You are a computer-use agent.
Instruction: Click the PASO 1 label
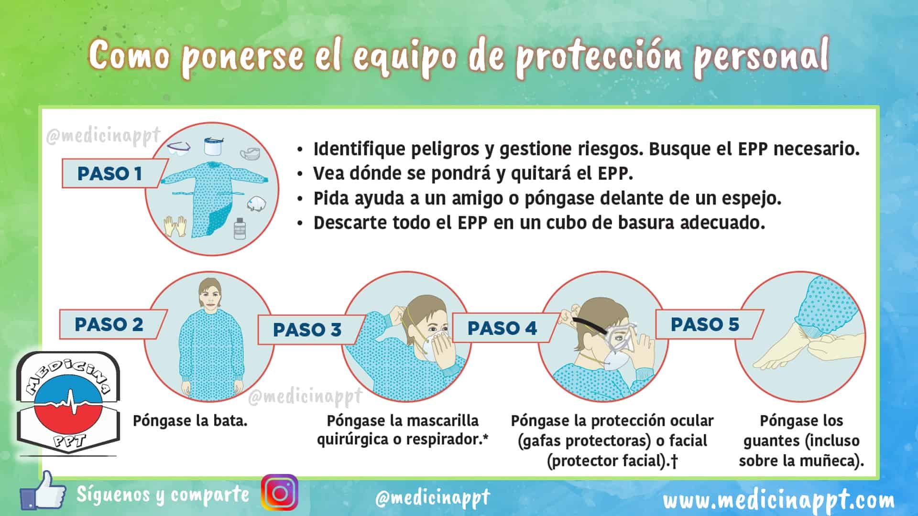click(110, 173)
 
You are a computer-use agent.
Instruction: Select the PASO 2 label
click(109, 324)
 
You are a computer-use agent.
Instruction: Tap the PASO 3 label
click(307, 329)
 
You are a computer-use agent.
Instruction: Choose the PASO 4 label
click(502, 328)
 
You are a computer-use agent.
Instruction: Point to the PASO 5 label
click(705, 324)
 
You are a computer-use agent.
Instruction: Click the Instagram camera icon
click(280, 493)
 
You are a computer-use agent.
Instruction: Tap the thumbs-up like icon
click(43, 491)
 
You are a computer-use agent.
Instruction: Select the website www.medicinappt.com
click(779, 500)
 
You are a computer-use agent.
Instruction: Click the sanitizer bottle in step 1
click(239, 228)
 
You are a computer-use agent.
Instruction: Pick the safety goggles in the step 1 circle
click(179, 147)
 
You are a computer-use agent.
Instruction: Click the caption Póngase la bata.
click(190, 421)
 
